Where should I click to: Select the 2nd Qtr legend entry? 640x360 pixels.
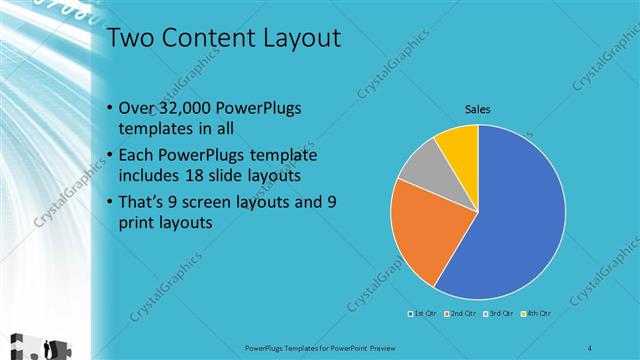(459, 314)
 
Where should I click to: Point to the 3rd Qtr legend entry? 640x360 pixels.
(498, 314)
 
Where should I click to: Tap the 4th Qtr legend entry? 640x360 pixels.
(536, 314)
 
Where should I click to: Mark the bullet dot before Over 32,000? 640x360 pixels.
(109, 108)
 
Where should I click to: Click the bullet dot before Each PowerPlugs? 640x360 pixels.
(109, 156)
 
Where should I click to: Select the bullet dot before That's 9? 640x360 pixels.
(109, 203)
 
